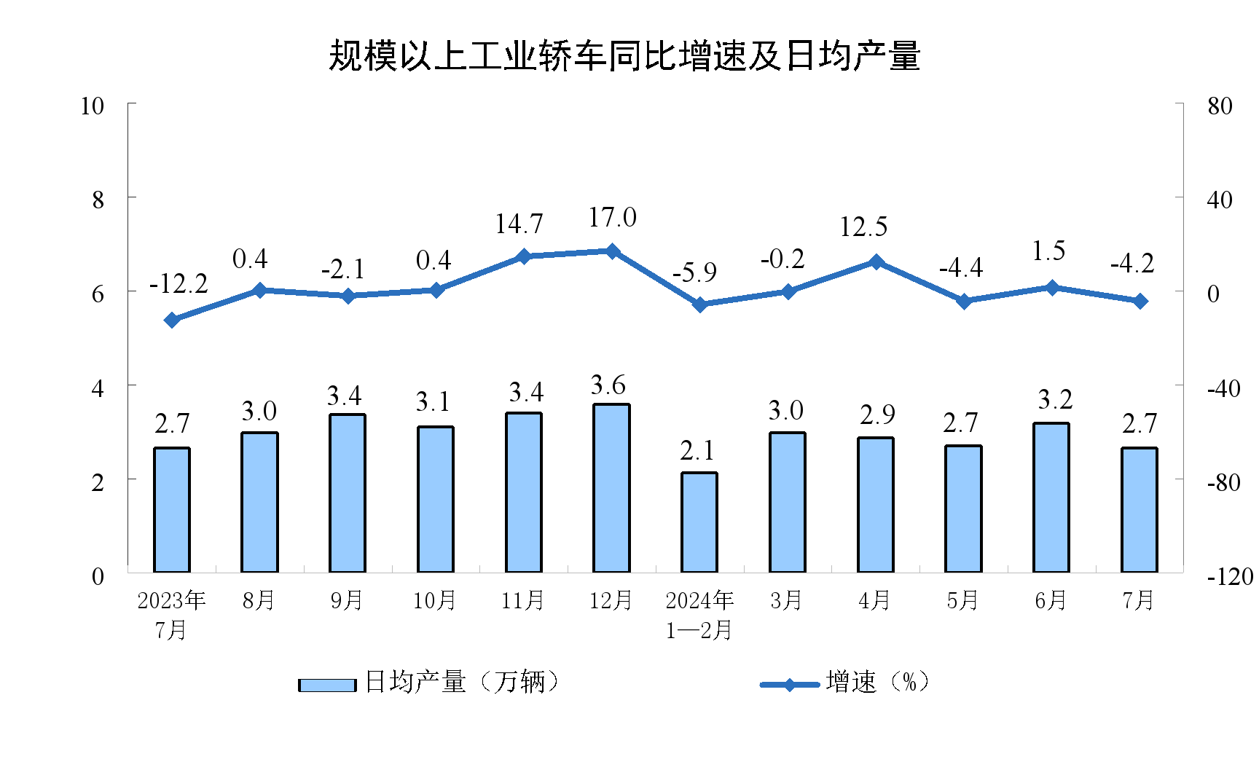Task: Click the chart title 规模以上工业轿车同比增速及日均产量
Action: point(624,56)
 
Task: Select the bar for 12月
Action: point(611,488)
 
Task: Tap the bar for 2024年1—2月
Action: point(699,522)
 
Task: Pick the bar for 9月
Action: point(348,493)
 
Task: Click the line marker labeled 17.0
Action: point(613,251)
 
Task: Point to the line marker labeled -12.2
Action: point(172,320)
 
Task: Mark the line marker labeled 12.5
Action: point(876,262)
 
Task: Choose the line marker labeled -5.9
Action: point(700,304)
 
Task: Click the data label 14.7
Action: point(519,224)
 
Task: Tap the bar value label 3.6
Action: point(608,385)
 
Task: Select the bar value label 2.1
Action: point(697,451)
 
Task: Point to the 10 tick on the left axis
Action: point(93,106)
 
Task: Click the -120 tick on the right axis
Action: point(1230,577)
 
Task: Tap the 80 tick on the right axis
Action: point(1220,106)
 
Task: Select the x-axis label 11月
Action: point(522,601)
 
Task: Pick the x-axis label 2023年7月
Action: point(172,614)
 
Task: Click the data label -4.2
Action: point(1132,264)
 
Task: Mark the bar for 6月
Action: point(1051,498)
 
